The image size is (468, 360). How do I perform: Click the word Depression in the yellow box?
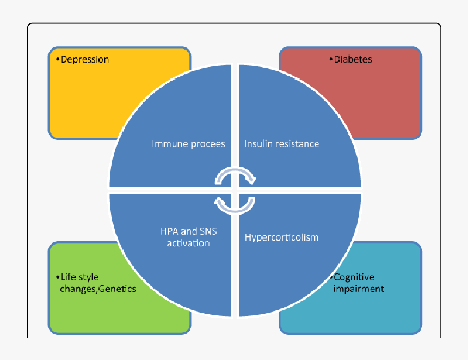[85, 59]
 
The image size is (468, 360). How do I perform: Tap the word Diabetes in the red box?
[353, 59]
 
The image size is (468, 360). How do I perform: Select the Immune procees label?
[188, 144]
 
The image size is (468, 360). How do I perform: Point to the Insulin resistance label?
[281, 144]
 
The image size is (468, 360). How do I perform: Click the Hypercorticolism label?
[281, 237]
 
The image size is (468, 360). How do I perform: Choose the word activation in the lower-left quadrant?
[188, 243]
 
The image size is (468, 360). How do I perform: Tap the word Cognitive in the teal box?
[354, 277]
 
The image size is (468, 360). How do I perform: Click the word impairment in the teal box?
[359, 289]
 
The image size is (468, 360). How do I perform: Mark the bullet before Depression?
[57, 59]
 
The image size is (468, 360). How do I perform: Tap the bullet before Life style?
[57, 277]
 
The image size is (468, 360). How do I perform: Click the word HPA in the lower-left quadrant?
[162, 231]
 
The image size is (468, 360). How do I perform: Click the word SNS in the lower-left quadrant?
[206, 231]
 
